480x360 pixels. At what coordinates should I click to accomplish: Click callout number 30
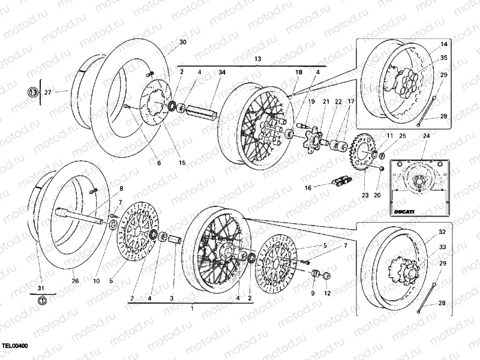pyautogui.click(x=183, y=43)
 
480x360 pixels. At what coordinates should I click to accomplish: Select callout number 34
pyautogui.click(x=222, y=73)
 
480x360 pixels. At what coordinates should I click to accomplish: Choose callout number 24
pyautogui.click(x=427, y=136)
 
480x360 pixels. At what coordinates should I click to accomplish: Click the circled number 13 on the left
pyautogui.click(x=32, y=92)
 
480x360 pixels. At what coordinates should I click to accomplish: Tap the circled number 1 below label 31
pyautogui.click(x=41, y=299)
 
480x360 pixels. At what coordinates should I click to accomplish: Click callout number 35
pyautogui.click(x=443, y=58)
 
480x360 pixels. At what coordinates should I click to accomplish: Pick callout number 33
pyautogui.click(x=442, y=247)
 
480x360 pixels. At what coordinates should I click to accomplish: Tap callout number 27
pyautogui.click(x=48, y=92)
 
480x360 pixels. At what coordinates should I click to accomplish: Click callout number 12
pyautogui.click(x=327, y=293)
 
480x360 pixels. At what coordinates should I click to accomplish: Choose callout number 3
pyautogui.click(x=171, y=298)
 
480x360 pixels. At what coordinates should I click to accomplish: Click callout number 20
pyautogui.click(x=377, y=196)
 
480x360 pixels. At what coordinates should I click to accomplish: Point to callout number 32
pyautogui.click(x=442, y=232)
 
